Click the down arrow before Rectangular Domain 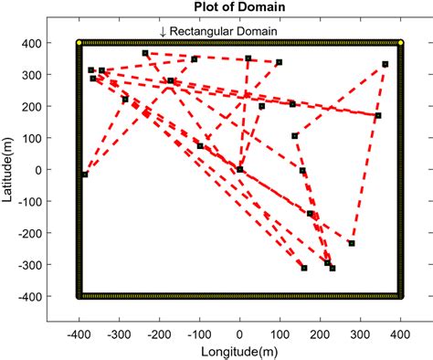(163, 32)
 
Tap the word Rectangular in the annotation (205, 32)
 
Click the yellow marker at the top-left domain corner (79, 42)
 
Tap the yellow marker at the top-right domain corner (400, 42)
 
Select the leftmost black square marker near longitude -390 (84, 175)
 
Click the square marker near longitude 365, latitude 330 (385, 64)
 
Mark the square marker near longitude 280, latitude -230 (352, 243)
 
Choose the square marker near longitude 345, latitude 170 (378, 115)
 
